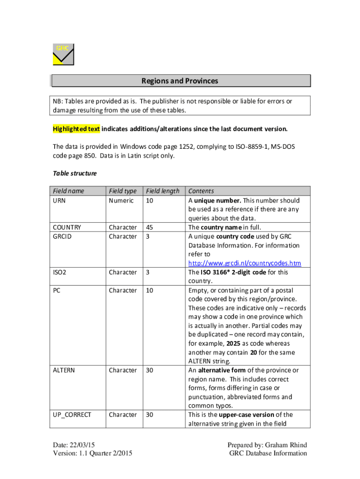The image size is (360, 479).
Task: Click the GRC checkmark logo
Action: click(63, 54)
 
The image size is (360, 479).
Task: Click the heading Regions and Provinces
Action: click(180, 81)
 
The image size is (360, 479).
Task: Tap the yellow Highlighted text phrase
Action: click(76, 129)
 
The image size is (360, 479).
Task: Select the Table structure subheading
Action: click(74, 173)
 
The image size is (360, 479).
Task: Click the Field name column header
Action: click(68, 191)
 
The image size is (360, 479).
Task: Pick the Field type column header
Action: click(122, 191)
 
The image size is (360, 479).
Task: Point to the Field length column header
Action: click(163, 191)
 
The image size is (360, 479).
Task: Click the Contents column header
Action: click(201, 191)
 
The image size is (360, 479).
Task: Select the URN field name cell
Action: click(59, 200)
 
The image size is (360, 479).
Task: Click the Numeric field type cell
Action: click(121, 200)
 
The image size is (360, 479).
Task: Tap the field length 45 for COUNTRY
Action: click(150, 227)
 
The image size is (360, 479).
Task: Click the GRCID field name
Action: click(62, 236)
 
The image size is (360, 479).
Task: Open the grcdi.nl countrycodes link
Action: click(245, 263)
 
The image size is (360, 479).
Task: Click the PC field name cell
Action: click(57, 290)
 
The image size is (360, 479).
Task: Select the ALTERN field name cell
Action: click(64, 370)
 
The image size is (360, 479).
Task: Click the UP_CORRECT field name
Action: click(72, 415)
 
